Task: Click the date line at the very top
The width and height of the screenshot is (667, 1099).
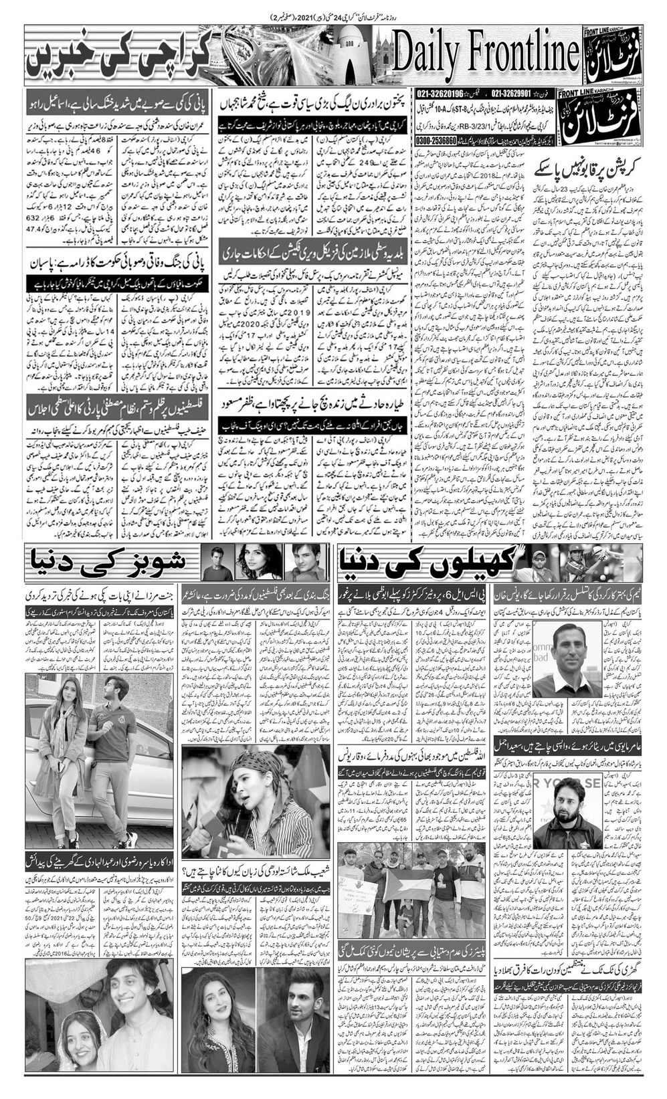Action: [332, 15]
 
